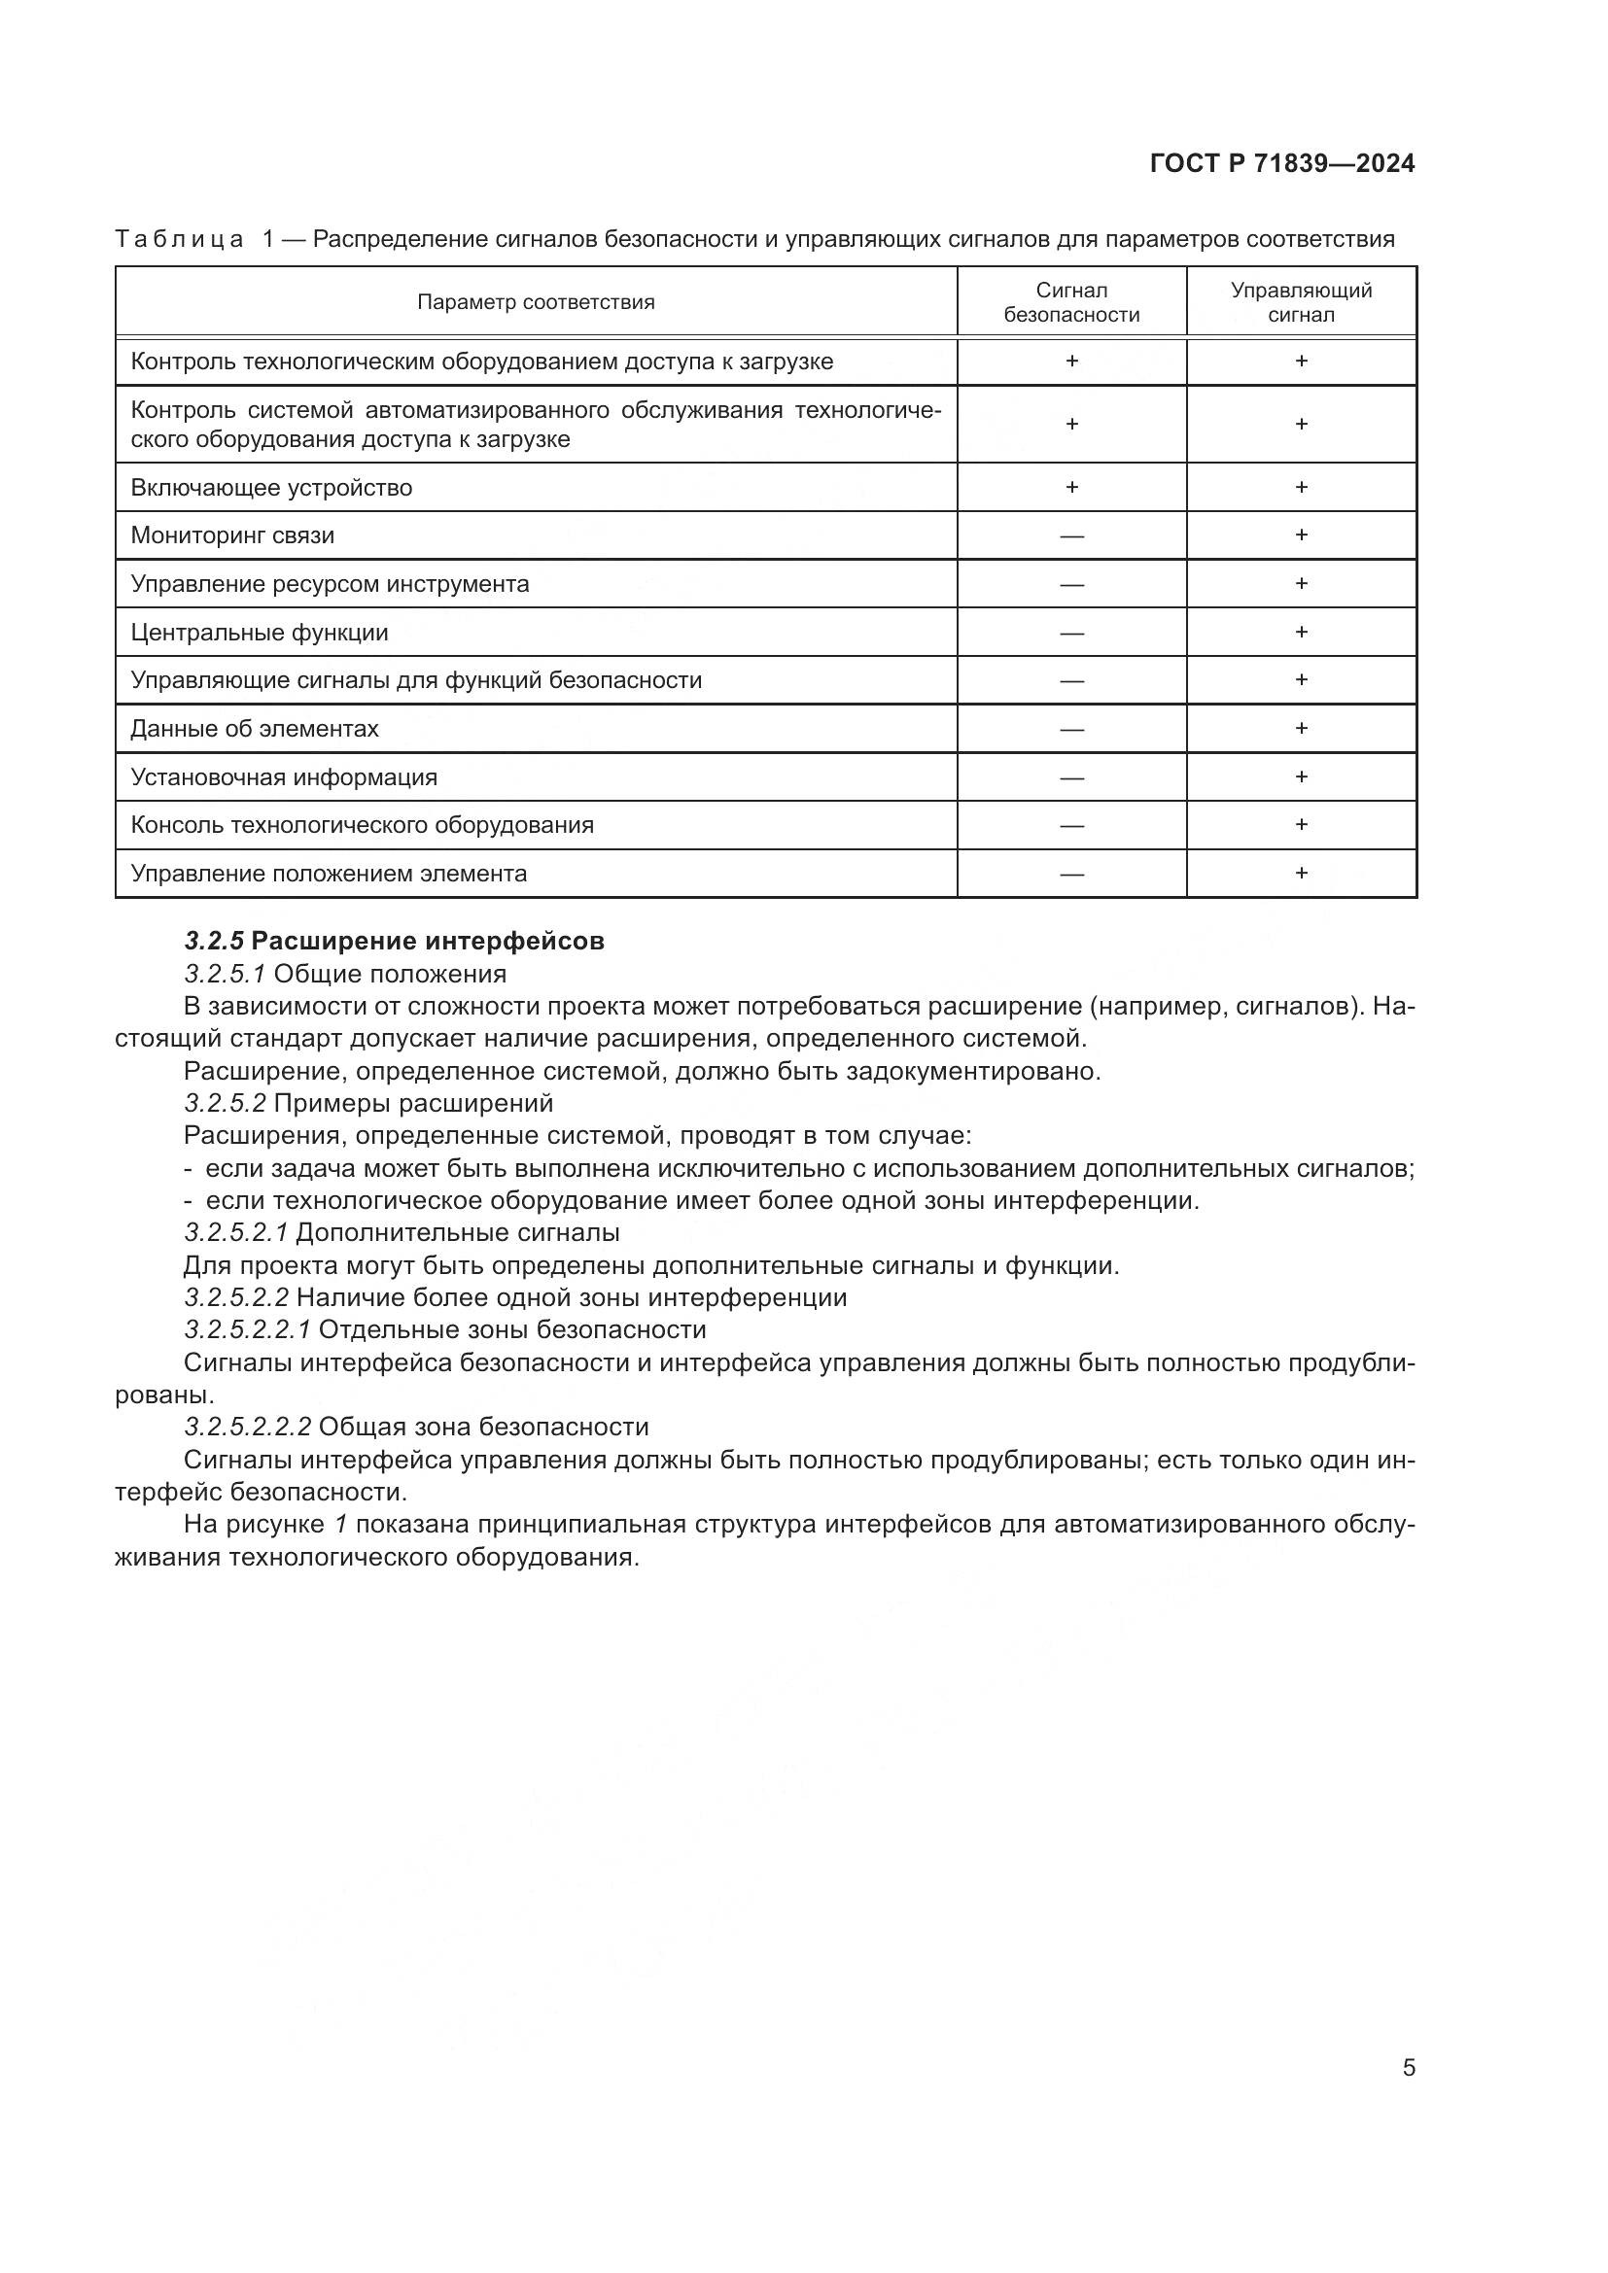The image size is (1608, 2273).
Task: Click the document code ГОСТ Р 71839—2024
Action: tap(1281, 163)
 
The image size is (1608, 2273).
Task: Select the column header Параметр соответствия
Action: tap(536, 302)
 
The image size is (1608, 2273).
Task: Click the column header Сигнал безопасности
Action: tap(1071, 302)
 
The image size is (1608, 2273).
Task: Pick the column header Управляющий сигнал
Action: tap(1301, 302)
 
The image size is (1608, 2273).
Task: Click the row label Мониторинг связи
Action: tap(232, 535)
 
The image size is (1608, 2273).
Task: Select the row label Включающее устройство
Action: tap(271, 487)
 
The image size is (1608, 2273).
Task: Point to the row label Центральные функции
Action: tap(260, 632)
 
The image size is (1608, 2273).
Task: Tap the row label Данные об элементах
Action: tap(255, 729)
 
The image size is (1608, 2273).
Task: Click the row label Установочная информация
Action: tap(284, 777)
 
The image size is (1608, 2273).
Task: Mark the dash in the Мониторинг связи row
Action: tap(1071, 536)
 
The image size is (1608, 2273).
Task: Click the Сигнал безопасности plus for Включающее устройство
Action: tap(1071, 487)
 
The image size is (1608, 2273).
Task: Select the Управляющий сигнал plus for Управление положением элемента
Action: tap(1301, 872)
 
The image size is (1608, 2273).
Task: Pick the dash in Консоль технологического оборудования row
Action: tap(1071, 826)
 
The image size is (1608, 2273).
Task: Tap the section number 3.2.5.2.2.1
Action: tap(248, 1329)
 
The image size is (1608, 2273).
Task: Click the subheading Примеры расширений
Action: tap(413, 1103)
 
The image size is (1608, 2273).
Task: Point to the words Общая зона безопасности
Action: tap(483, 1427)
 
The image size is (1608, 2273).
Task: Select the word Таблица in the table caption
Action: tap(178, 239)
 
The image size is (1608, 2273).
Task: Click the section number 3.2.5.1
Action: tap(224, 973)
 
